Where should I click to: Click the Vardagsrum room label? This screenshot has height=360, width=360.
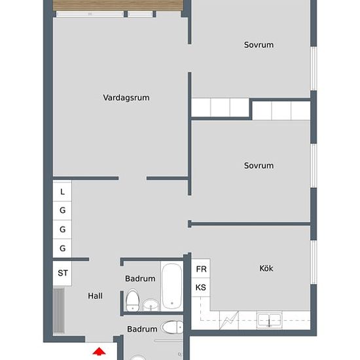coord(126,98)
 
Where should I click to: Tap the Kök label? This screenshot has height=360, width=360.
coord(266,268)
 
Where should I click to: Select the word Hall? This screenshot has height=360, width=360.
coord(95,296)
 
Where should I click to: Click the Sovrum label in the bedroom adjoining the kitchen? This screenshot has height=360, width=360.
coord(259,166)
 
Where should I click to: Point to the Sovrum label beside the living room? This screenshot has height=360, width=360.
coord(259,45)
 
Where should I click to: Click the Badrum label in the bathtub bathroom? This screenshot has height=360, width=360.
coord(140,278)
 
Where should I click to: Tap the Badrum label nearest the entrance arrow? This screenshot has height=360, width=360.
coord(142,329)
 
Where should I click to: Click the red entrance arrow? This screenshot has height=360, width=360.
coord(99,351)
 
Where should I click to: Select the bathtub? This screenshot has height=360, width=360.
coord(171,287)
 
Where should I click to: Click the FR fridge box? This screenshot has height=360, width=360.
coord(201,268)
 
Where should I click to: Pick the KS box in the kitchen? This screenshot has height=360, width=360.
coord(201,287)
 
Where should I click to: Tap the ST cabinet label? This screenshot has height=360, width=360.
coord(62,273)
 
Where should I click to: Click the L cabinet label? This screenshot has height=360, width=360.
coord(62,192)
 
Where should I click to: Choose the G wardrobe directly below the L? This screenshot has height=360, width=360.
coord(62,211)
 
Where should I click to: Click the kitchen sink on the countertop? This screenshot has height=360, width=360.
coord(269,320)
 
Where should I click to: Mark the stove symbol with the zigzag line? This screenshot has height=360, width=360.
coord(229,320)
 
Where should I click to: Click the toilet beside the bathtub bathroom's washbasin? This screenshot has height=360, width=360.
coord(132,300)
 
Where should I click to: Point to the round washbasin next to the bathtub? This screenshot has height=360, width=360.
coord(151,305)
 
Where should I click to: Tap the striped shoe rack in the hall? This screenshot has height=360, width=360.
coord(59,310)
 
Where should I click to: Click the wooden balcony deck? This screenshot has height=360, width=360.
coord(118,5)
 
